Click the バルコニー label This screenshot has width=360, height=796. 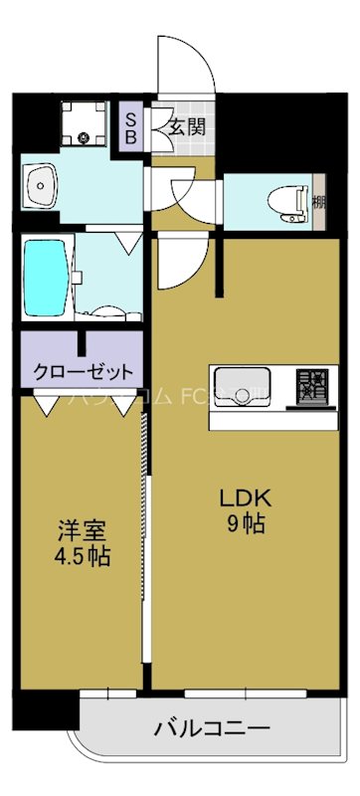[212, 729]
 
